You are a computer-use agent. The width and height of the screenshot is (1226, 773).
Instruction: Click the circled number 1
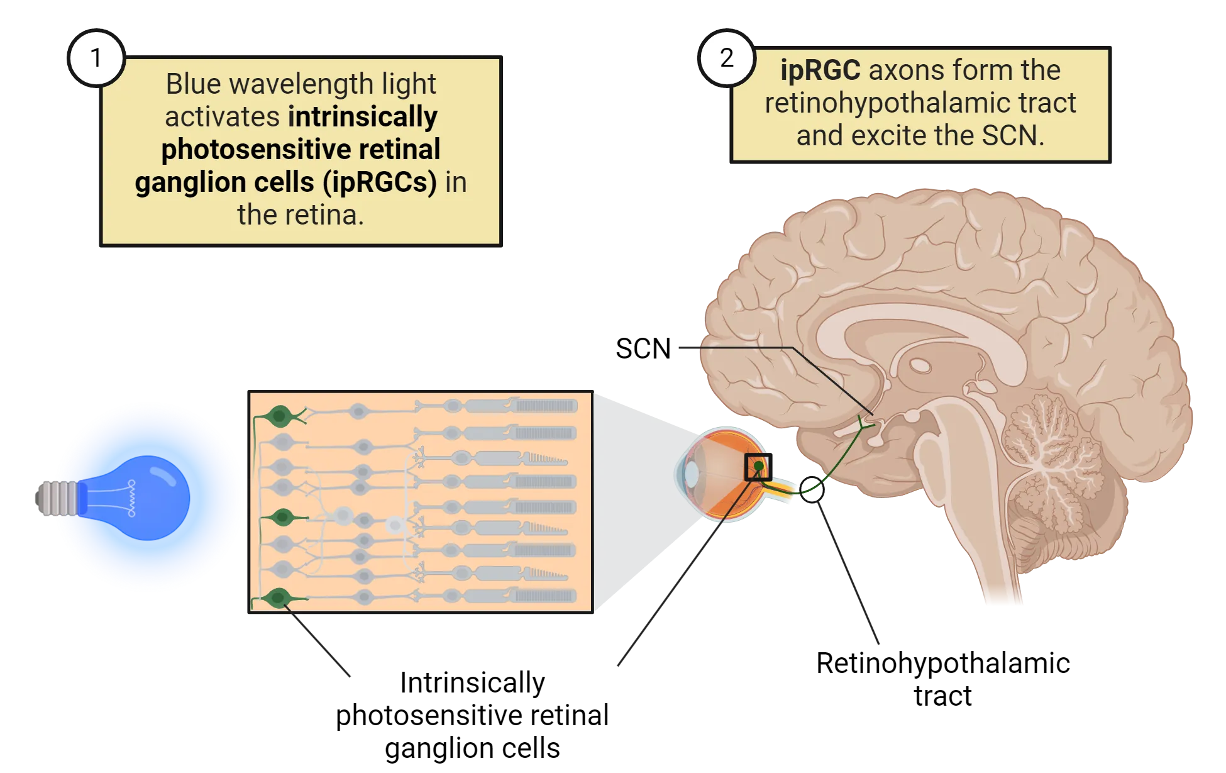tap(96, 58)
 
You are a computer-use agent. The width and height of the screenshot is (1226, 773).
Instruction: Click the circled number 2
tap(727, 58)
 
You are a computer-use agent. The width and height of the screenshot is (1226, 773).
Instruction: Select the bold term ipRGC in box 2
tap(820, 70)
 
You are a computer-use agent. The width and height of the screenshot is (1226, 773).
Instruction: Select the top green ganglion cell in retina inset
tap(279, 415)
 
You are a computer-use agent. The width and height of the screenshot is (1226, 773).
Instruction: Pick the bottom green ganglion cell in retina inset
tap(277, 598)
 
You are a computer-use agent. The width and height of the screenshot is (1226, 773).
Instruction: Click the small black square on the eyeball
tap(758, 467)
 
